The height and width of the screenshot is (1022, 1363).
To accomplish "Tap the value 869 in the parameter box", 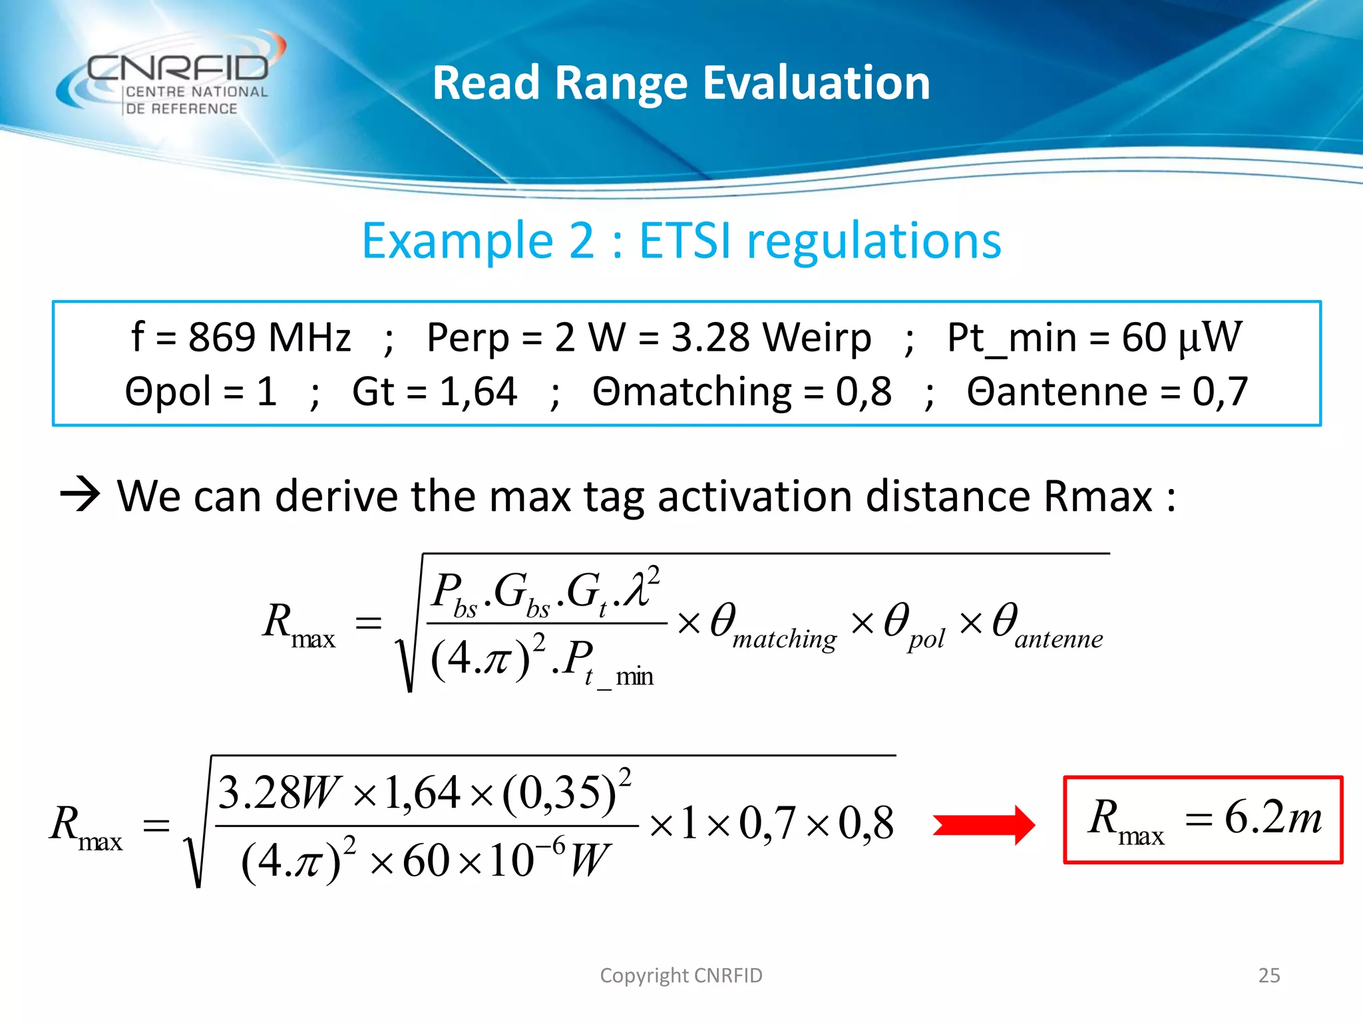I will [222, 337].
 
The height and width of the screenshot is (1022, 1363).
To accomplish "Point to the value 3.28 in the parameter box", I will [710, 337].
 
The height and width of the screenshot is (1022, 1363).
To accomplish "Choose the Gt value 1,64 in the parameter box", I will [478, 391].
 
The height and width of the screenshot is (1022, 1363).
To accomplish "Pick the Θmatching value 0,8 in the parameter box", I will [864, 391].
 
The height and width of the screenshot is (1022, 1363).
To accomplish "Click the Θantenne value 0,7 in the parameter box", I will [1220, 391].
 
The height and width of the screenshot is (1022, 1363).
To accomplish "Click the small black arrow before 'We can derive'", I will [80, 495].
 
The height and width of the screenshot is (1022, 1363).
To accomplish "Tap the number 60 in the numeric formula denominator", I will [426, 861].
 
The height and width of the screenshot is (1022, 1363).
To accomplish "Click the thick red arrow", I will [983, 825].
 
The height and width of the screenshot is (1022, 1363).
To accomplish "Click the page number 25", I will [1269, 975].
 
